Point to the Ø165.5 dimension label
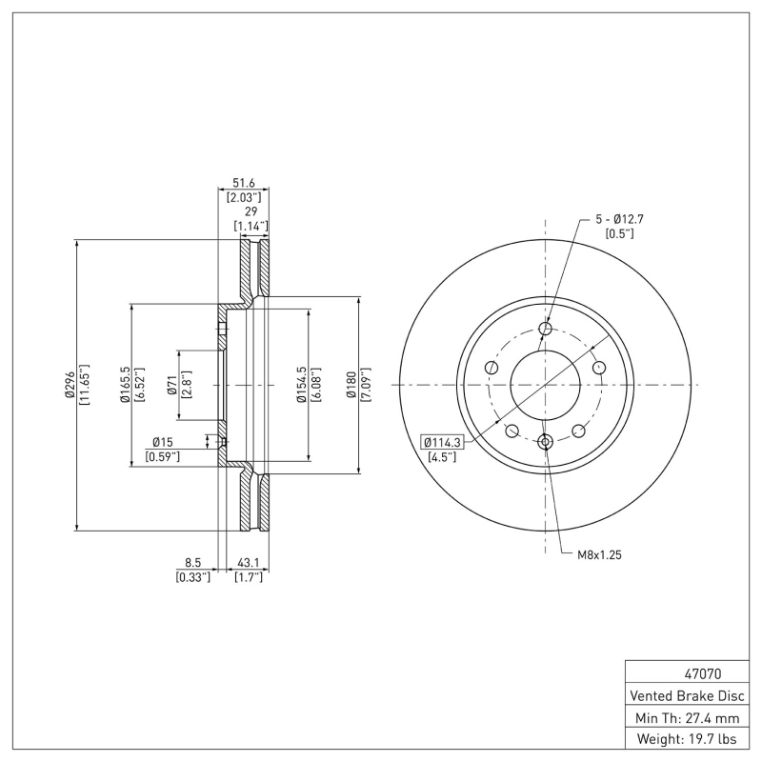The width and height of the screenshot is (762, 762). point(125,385)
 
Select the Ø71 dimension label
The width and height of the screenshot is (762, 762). point(171,385)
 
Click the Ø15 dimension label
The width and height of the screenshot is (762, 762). point(162,442)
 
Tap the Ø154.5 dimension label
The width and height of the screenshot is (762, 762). point(301,385)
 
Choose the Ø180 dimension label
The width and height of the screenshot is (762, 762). point(351,385)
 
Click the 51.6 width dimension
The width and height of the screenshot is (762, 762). point(245,183)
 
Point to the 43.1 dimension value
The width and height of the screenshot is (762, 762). point(249,563)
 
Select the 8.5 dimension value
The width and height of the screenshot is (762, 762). point(192,563)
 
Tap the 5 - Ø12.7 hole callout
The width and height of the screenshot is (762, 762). point(620,219)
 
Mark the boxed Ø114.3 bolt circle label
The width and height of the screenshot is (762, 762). point(441,442)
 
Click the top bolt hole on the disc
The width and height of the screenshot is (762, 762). point(546,330)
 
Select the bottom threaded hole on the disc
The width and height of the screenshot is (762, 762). point(546,441)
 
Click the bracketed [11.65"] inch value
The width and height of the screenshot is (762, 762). point(85,385)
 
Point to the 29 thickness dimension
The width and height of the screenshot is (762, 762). point(251,212)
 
